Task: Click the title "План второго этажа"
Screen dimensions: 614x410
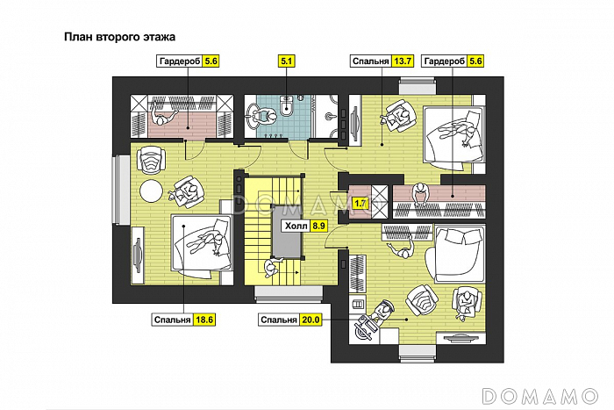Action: click(119, 37)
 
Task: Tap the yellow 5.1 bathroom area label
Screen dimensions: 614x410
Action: click(287, 61)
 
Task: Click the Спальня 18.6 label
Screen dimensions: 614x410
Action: click(183, 320)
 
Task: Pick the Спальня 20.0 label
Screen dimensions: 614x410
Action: click(289, 320)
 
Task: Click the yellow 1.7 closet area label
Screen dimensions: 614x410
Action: click(360, 204)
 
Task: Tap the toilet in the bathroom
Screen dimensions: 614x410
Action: click(287, 105)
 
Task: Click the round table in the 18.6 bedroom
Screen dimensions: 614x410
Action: click(151, 191)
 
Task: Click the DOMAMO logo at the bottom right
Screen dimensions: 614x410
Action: click(540, 396)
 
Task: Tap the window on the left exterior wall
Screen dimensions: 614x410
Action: click(121, 191)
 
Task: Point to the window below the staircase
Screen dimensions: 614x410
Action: click(289, 294)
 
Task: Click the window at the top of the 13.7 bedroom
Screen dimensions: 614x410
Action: click(418, 86)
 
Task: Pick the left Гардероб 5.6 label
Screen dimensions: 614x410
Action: click(188, 61)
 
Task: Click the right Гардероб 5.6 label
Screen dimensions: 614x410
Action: click(453, 61)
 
